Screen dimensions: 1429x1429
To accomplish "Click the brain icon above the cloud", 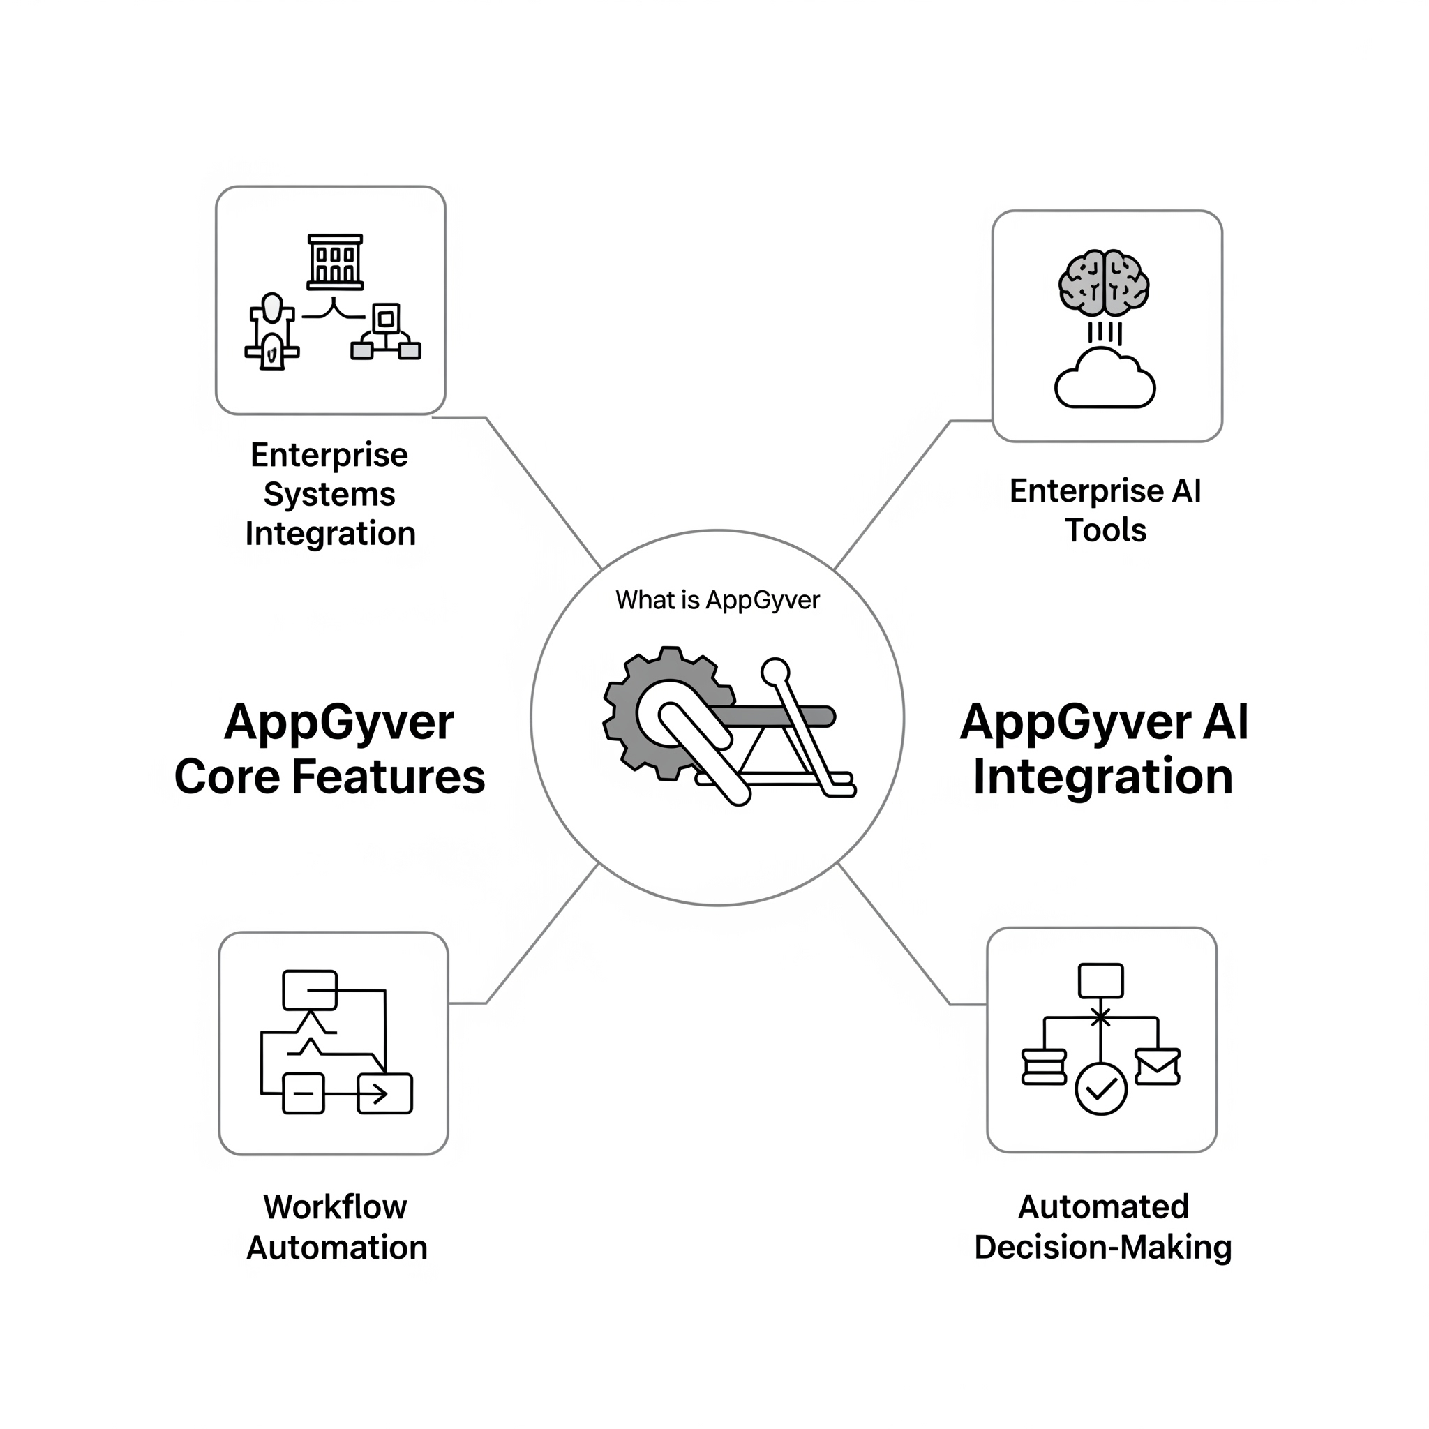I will [1104, 283].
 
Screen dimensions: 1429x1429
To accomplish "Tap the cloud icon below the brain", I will [1105, 380].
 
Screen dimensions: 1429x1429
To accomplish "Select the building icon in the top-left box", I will [335, 262].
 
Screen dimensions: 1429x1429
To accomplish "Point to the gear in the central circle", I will [651, 714].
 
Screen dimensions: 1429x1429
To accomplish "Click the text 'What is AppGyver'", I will [717, 600].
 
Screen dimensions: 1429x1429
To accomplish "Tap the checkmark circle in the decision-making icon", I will [1100, 1088].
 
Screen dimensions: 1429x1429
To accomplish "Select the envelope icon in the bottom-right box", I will [1157, 1067].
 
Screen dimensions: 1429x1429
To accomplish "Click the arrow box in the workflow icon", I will [384, 1093].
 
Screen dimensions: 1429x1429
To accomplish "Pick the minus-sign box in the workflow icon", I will [304, 1093].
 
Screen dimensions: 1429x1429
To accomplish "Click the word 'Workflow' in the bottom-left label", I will [335, 1207].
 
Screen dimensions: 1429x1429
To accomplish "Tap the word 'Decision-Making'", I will [1103, 1248].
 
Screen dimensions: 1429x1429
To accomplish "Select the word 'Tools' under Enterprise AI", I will [1105, 530].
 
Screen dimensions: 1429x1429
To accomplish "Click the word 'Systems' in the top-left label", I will [329, 494].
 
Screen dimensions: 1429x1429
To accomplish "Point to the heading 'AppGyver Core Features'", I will [330, 749].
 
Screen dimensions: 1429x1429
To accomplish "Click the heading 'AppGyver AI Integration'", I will [1104, 749].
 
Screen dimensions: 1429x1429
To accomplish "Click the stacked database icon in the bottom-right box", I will [1044, 1067].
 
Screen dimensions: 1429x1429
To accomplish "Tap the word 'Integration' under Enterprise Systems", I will [331, 534].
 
